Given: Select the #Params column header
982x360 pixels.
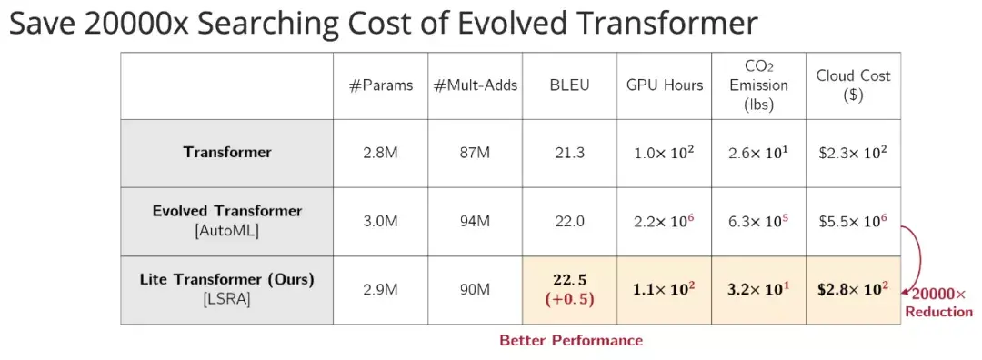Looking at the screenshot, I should tap(381, 85).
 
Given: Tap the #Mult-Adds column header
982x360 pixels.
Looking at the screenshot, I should tap(476, 85).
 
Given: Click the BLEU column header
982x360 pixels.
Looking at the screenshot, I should tap(569, 85).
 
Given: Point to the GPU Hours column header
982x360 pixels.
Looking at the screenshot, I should tap(665, 85).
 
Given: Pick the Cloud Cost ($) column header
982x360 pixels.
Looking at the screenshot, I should tap(853, 85).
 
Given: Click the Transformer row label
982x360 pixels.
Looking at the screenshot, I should tap(227, 152).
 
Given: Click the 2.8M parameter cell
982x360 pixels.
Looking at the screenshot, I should tap(381, 153).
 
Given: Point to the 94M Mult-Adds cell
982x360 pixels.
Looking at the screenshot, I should tap(476, 221).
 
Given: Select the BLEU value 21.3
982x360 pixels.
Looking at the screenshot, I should tap(569, 153).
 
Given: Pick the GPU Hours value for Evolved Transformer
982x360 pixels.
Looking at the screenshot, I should tap(665, 221).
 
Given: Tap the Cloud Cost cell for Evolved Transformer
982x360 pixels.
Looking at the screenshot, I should tap(853, 221).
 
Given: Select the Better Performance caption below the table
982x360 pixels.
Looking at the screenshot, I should tap(570, 341).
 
